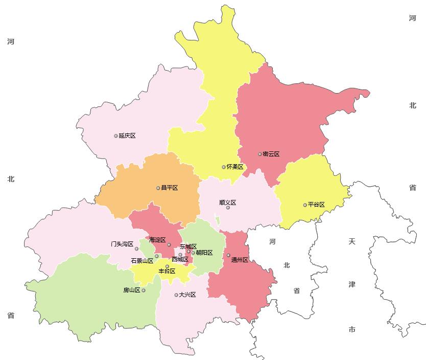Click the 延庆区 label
click(x=127, y=136)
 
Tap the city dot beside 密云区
click(x=259, y=154)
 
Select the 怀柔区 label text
click(x=235, y=167)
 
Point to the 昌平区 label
click(x=170, y=188)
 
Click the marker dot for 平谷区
click(x=305, y=205)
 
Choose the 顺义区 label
click(x=227, y=202)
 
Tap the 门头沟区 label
click(x=122, y=244)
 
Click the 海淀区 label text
click(x=157, y=239)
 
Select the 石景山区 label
click(x=142, y=261)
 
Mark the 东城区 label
click(x=188, y=246)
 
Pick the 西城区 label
click(x=180, y=259)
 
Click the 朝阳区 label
click(x=204, y=253)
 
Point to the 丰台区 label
click(x=167, y=271)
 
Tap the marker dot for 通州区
click(x=228, y=255)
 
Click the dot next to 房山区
click(x=144, y=290)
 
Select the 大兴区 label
click(x=187, y=295)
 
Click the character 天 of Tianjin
click(x=352, y=240)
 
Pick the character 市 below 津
click(x=352, y=330)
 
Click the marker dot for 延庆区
click(x=116, y=136)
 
